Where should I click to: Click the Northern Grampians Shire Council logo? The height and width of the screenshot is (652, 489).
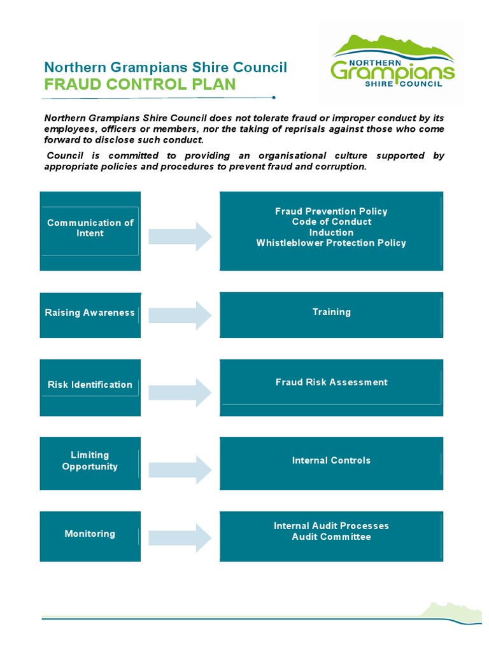[x=392, y=62]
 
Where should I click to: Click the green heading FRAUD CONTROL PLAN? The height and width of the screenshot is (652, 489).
[x=139, y=85]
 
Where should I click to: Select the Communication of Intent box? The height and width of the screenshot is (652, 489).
[x=90, y=230]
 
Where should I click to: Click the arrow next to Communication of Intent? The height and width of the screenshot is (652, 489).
[x=180, y=237]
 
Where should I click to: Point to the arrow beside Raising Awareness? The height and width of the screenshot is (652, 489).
[x=180, y=315]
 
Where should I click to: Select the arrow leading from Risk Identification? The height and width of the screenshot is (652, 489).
[x=180, y=392]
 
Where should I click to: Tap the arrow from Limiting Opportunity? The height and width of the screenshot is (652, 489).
[x=180, y=470]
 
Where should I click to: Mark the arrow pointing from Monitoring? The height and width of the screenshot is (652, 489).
[x=180, y=538]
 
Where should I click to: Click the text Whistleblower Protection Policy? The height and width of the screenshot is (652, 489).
[x=331, y=243]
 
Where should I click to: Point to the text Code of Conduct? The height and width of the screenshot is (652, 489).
[x=331, y=222]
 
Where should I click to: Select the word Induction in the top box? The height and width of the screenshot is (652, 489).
[x=331, y=232]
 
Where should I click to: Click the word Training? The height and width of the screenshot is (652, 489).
[x=331, y=312]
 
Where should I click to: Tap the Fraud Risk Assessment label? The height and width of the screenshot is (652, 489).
[x=331, y=382]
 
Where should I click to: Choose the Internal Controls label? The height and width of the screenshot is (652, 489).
[x=331, y=460]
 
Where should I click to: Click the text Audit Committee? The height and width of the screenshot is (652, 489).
[x=331, y=537]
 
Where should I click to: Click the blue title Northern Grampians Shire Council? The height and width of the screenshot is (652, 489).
[x=166, y=67]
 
